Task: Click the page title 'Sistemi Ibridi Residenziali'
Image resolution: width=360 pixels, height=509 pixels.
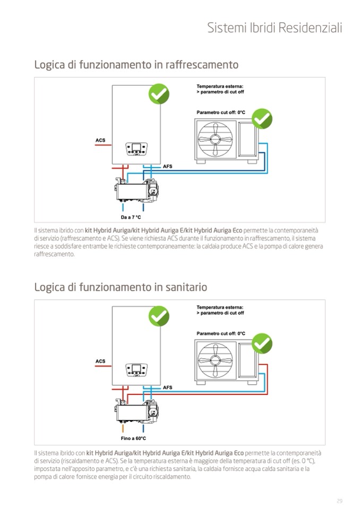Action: tap(274, 28)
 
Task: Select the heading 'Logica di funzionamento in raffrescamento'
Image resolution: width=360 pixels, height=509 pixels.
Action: tap(136, 65)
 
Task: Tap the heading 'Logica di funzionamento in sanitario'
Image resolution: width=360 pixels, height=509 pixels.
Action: tap(121, 287)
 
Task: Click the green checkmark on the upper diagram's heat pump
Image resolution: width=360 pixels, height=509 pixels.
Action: tap(261, 119)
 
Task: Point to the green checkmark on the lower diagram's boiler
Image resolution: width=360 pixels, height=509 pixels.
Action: tap(158, 316)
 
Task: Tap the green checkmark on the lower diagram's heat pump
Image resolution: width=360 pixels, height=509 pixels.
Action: tap(261, 343)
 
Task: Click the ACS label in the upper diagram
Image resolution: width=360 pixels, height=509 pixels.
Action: tap(100, 141)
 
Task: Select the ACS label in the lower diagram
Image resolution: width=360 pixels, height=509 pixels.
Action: tap(100, 361)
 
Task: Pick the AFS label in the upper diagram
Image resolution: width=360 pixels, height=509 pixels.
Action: tap(167, 167)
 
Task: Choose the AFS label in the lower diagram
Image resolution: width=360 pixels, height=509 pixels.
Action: tap(167, 388)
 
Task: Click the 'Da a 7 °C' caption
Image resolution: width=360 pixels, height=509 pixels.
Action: tap(131, 217)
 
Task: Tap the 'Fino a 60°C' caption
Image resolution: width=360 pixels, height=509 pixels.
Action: tap(133, 438)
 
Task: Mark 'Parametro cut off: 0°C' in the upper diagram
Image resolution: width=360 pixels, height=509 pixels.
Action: tap(221, 113)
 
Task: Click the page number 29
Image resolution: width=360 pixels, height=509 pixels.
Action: tap(339, 501)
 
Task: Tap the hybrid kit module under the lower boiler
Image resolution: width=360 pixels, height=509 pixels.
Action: tap(136, 410)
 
